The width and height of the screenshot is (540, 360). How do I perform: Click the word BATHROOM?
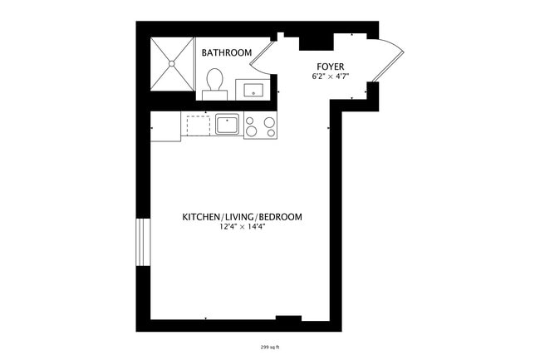(226, 53)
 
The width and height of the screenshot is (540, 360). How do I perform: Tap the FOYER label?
(330, 66)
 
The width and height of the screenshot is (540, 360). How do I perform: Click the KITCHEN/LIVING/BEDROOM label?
(242, 217)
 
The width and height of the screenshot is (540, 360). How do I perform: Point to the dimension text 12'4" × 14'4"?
(242, 227)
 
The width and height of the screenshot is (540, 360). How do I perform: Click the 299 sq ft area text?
(270, 346)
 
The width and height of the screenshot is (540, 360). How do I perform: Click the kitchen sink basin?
(227, 125)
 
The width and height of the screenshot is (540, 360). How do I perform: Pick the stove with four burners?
(260, 126)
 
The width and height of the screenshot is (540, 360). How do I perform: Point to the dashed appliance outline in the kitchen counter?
(198, 126)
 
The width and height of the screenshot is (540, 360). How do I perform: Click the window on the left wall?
(142, 241)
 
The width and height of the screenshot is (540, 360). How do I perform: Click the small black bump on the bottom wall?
(287, 318)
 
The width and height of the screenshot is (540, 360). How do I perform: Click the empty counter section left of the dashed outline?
(165, 126)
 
